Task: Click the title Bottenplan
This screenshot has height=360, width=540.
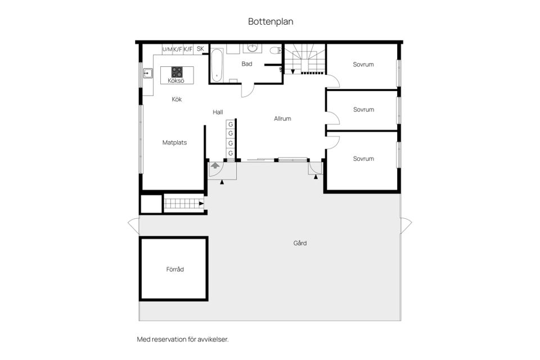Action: tap(271, 22)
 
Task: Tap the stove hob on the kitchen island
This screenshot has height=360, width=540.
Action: tap(177, 71)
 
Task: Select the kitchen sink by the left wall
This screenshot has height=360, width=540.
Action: tap(147, 73)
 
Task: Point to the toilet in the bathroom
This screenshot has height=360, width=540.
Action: tap(275, 51)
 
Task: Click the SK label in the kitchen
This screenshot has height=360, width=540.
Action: tap(200, 49)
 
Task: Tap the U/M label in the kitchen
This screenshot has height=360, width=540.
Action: tap(167, 49)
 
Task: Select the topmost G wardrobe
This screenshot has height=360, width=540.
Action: tap(230, 124)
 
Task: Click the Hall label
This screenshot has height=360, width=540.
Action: tap(218, 112)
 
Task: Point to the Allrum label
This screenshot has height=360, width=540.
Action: tap(282, 119)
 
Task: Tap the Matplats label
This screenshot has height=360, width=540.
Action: tap(174, 143)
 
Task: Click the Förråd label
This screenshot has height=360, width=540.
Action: tap(175, 269)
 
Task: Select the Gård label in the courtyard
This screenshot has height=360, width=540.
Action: tap(300, 244)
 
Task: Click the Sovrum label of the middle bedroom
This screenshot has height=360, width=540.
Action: tap(363, 110)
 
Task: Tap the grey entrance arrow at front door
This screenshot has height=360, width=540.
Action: tap(215, 165)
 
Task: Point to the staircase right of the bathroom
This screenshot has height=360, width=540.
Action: tap(304, 59)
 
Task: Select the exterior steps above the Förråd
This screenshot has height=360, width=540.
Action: tap(183, 204)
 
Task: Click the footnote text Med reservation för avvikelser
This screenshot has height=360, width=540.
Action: tap(183, 339)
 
